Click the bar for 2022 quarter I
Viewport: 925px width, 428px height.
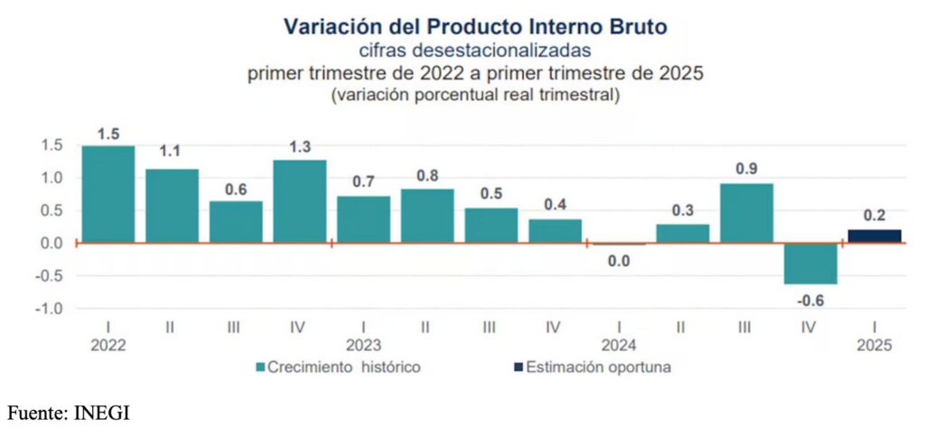pyautogui.click(x=107, y=194)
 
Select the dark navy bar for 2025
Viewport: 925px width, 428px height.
pyautogui.click(x=875, y=237)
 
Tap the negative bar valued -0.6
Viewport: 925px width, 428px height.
pyautogui.click(x=811, y=263)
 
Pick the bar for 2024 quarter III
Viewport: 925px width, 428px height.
pyautogui.click(x=747, y=213)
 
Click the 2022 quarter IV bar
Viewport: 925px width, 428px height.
pyautogui.click(x=299, y=201)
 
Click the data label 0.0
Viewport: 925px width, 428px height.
pyautogui.click(x=619, y=261)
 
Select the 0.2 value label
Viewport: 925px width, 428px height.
pyautogui.click(x=875, y=215)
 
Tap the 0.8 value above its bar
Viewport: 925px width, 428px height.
pyautogui.click(x=427, y=174)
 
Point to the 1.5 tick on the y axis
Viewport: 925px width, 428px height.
pyautogui.click(x=51, y=145)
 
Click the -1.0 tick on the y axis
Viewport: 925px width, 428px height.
pyautogui.click(x=49, y=308)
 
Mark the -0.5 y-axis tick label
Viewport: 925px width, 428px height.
pyautogui.click(x=49, y=275)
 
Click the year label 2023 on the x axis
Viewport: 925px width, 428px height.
pyautogui.click(x=362, y=346)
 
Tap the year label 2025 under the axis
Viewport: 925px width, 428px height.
pyautogui.click(x=874, y=346)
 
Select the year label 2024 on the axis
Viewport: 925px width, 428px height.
pyautogui.click(x=618, y=346)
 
